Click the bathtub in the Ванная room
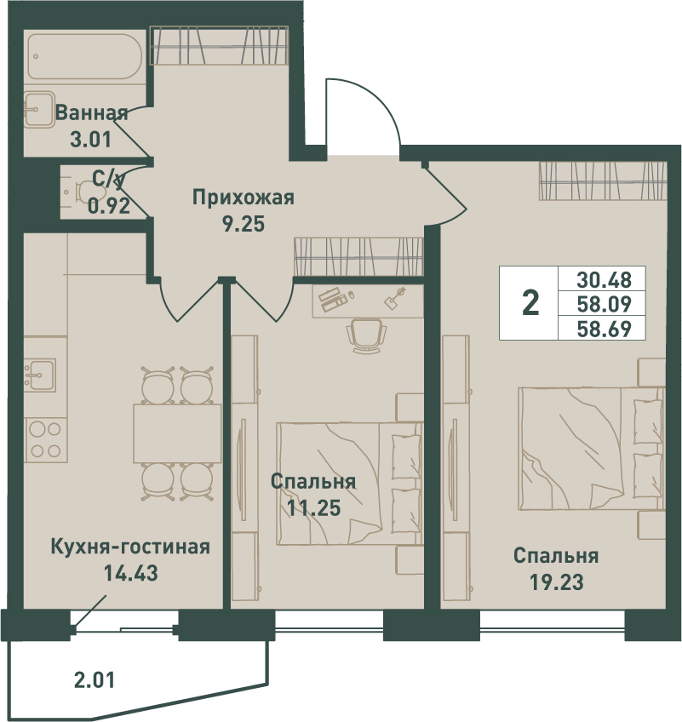click(85, 57)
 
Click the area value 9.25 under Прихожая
click(244, 224)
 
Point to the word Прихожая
click(244, 198)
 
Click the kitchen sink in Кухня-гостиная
click(40, 375)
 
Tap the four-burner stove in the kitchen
click(45, 439)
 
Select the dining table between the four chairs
click(177, 433)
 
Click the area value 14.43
click(131, 573)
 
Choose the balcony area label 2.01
click(95, 679)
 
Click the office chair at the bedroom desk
click(367, 335)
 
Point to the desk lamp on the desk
click(395, 298)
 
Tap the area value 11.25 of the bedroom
click(313, 507)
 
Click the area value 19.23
click(556, 582)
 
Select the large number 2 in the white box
click(530, 303)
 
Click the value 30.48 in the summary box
click(604, 279)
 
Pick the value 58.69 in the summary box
click(604, 329)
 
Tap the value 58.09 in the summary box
click(604, 304)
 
